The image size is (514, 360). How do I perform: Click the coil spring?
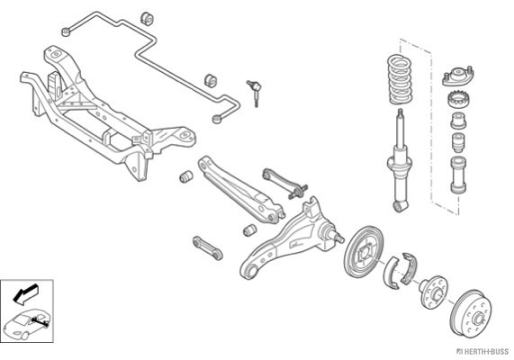point(400,79)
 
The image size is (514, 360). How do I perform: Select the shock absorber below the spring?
point(400,161)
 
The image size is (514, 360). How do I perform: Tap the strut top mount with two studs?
point(457,76)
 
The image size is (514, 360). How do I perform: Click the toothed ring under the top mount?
point(459,99)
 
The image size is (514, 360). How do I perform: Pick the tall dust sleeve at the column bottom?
point(458,175)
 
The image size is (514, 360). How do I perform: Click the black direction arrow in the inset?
point(25,292)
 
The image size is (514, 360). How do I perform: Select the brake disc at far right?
point(472,312)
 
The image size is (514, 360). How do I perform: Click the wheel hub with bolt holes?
point(433,292)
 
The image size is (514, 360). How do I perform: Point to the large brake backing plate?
point(363,251)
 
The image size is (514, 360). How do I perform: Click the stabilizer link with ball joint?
point(255,93)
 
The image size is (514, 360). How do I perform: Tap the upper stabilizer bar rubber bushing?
point(147,18)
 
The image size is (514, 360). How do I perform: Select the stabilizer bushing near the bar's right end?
point(212,81)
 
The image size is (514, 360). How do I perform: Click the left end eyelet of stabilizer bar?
point(67,32)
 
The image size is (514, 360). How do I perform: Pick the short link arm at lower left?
point(208,247)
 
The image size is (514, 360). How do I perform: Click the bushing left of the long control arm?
point(186,176)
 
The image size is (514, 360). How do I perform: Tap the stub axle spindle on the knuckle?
point(334,234)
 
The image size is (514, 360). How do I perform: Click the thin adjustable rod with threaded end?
point(284,183)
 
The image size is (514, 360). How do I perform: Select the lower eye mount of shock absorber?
point(401,206)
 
